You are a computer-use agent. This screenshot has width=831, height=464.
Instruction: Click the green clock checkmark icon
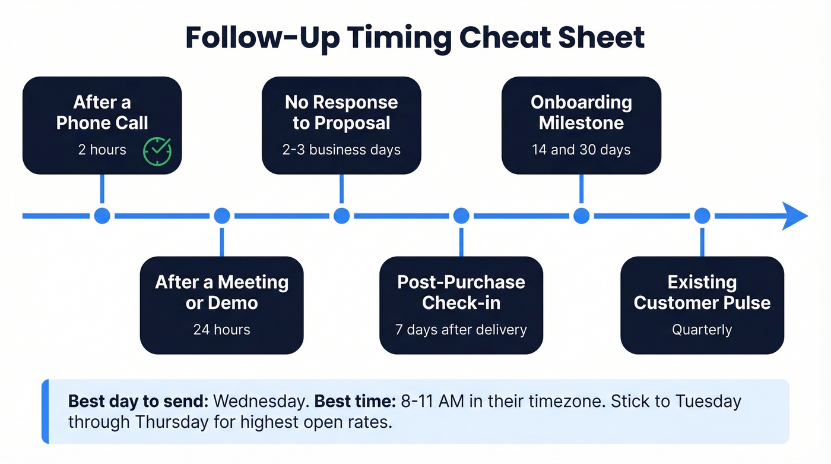(x=157, y=151)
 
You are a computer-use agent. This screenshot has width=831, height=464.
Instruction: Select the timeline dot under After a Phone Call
(x=102, y=216)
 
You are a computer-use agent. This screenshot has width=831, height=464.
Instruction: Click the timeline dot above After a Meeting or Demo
(x=222, y=216)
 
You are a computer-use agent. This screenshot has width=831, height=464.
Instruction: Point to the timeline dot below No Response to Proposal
(x=341, y=216)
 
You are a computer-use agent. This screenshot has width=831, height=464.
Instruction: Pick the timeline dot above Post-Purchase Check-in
(x=461, y=216)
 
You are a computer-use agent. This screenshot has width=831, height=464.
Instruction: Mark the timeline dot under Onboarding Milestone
(x=581, y=216)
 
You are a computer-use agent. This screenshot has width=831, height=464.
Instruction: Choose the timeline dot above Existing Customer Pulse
(x=702, y=216)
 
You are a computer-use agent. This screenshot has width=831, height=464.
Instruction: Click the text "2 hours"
(x=102, y=150)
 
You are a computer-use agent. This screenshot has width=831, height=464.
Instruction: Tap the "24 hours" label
(x=221, y=330)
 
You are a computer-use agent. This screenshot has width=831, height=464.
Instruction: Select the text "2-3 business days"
(x=341, y=150)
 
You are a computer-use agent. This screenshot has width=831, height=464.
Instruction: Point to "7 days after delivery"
(x=461, y=330)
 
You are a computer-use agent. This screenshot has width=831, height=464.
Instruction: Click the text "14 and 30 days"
(x=581, y=150)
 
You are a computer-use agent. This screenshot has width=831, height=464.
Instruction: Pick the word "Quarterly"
(x=702, y=330)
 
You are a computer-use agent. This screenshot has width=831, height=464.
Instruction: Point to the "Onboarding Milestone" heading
(x=581, y=112)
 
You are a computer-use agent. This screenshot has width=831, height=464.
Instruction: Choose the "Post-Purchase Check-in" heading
(x=461, y=292)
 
